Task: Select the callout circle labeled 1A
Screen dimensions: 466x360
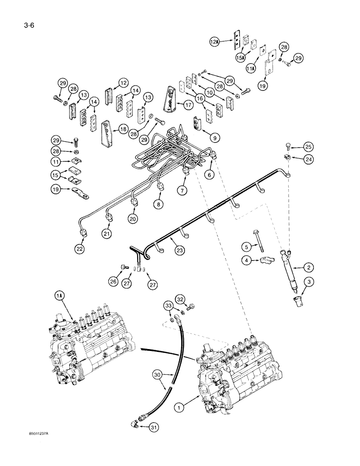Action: (59, 295)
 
